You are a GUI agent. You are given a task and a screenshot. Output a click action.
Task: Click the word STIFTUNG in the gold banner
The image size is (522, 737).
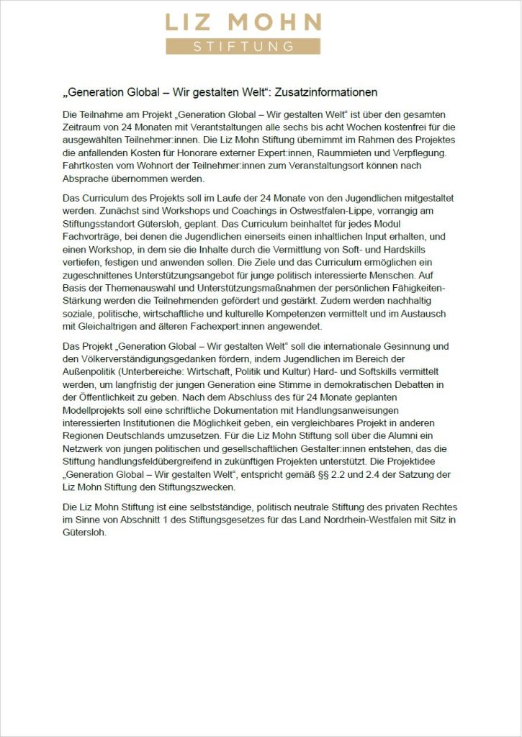243,47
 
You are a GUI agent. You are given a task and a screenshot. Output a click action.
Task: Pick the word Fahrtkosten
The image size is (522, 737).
88,166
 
